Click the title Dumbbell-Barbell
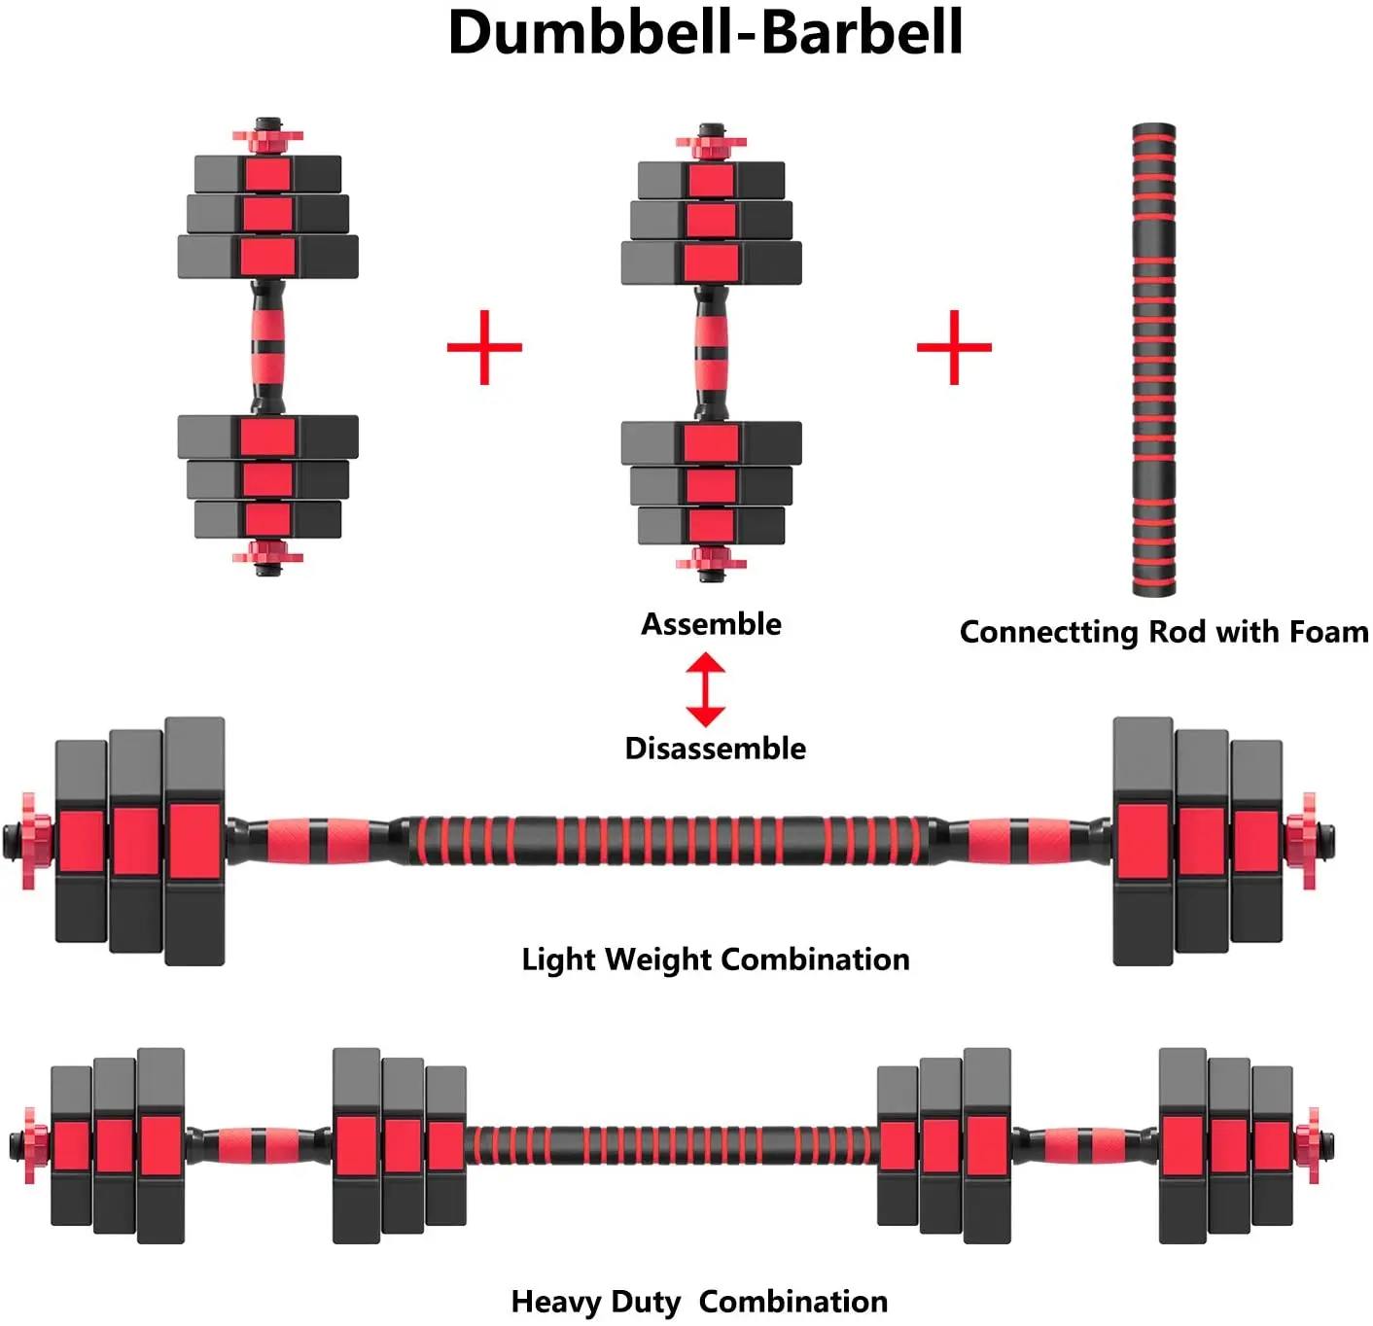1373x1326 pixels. pos(704,33)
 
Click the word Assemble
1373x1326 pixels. pos(711,624)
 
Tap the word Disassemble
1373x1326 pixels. pos(715,749)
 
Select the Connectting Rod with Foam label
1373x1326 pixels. pos(1163,632)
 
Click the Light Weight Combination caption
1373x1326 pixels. pos(715,960)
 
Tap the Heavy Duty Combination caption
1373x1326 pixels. pos(699,1302)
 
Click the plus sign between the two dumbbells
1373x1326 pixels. pos(484,347)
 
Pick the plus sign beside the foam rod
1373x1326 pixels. pos(954,347)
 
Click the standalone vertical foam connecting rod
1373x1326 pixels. pos(1153,360)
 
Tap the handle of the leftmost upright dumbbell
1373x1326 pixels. pos(267,346)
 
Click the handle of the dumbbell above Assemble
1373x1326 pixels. pos(711,352)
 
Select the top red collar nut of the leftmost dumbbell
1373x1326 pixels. pos(267,137)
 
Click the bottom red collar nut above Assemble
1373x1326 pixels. pos(711,559)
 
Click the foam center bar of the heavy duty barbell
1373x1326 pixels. pos(671,1145)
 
